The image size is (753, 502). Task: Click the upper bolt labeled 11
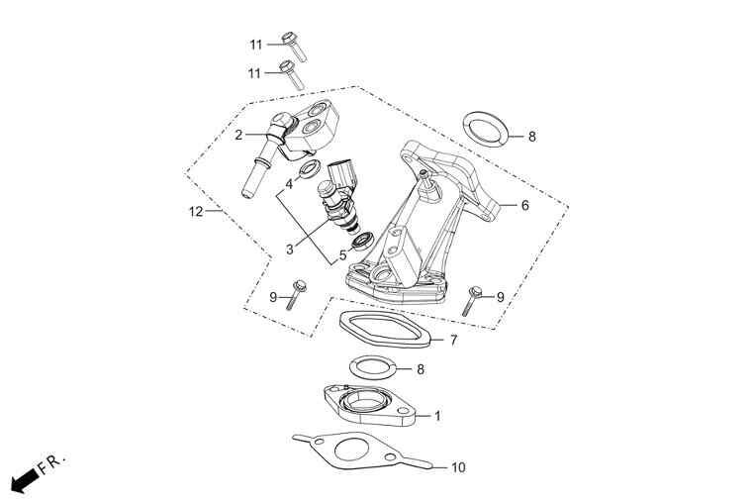[x=294, y=47]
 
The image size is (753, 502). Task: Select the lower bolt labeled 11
[x=292, y=75]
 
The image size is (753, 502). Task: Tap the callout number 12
[x=196, y=211]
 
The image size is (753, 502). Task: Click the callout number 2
[x=238, y=135]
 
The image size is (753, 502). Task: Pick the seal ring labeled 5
[x=363, y=241]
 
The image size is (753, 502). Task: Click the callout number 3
[x=290, y=250]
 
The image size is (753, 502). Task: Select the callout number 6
[x=524, y=205]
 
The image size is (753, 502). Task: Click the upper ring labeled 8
[x=485, y=129]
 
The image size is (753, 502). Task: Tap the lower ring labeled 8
[x=373, y=368]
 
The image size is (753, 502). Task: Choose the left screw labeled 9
[x=295, y=294]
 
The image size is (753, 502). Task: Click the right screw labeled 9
[x=472, y=300]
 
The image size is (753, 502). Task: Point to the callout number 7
[x=453, y=341]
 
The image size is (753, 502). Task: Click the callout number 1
[x=437, y=416]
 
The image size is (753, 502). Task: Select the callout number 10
[x=458, y=467]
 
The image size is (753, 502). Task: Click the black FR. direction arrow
[x=25, y=480]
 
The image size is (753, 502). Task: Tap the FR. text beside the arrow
[x=51, y=463]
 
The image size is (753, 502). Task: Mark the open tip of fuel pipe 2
[x=246, y=194]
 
